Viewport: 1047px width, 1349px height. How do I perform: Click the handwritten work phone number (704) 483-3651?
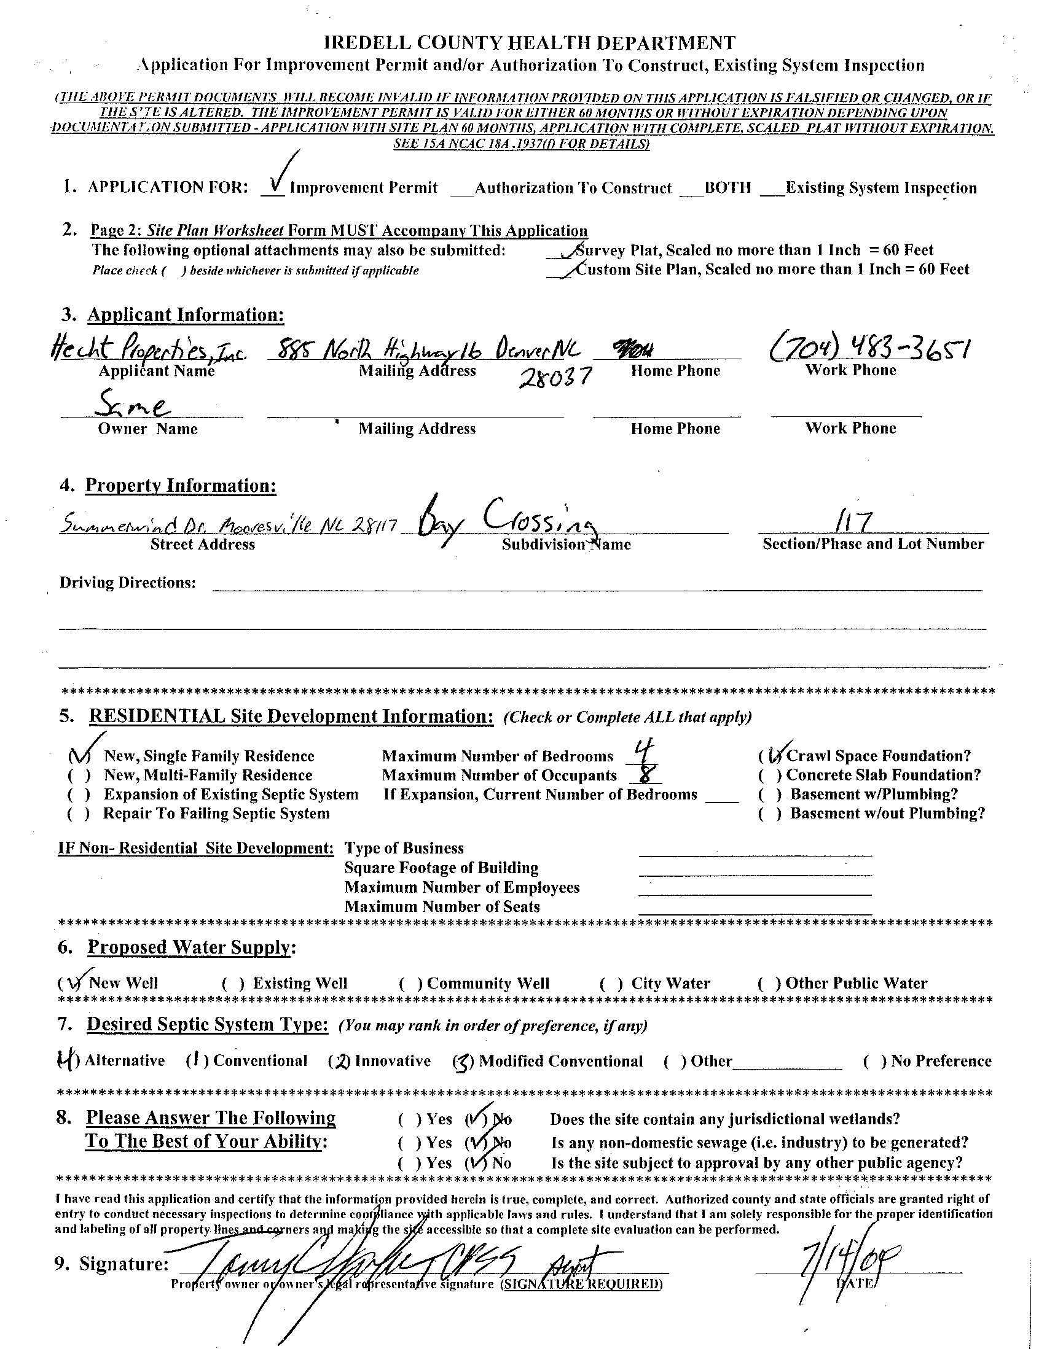[x=869, y=350]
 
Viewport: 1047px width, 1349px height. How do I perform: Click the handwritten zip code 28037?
[x=555, y=375]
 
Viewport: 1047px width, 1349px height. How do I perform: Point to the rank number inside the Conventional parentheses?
[x=195, y=1060]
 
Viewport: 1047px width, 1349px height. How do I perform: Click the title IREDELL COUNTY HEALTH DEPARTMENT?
[x=530, y=42]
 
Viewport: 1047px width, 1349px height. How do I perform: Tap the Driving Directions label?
[x=127, y=583]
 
